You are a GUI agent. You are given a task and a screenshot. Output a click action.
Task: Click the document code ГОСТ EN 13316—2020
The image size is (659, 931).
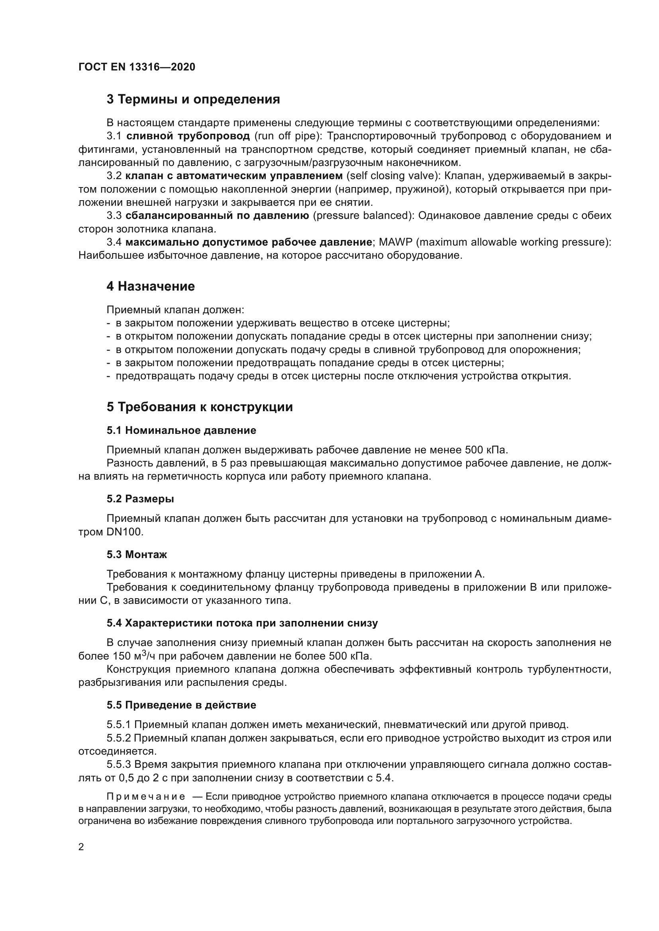[x=137, y=67]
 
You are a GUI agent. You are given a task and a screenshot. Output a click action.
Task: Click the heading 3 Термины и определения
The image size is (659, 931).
[x=193, y=100]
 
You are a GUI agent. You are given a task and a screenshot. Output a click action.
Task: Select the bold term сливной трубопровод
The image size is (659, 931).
[x=188, y=136]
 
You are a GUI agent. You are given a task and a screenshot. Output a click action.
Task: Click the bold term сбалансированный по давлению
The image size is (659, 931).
[x=218, y=215]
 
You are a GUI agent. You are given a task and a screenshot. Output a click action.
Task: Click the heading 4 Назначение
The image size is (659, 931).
[x=151, y=287]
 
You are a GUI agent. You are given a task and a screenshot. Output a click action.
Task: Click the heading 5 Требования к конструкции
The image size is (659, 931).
[x=200, y=407]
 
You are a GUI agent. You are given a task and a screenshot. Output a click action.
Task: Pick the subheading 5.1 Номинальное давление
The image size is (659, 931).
[x=181, y=430]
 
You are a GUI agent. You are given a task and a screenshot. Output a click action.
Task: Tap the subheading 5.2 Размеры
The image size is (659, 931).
[x=140, y=499]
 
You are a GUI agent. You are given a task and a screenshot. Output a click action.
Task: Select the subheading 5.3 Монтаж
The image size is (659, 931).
[x=137, y=554]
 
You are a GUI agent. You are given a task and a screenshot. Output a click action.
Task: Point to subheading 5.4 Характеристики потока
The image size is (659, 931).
[x=242, y=623]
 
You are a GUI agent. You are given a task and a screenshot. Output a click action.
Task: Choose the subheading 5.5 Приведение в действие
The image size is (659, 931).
[x=181, y=705]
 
